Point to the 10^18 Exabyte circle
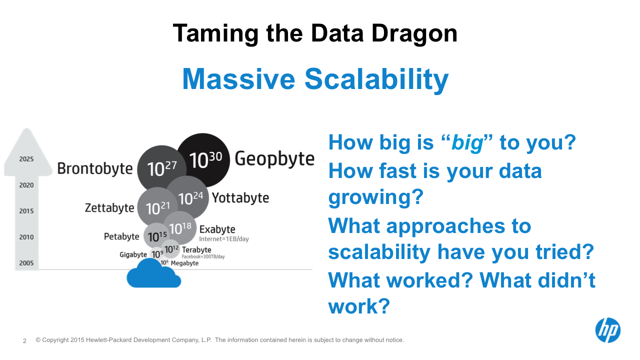pos(180,228)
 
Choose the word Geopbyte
pos(274,159)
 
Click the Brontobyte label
pos(95,168)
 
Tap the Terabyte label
pos(196,249)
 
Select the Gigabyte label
pos(133,254)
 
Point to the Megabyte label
pos(184,263)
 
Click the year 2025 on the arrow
pos(26,159)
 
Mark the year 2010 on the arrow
pos(26,237)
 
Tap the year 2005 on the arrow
pos(26,263)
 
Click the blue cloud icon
pos(153,275)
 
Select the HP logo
pos(607,330)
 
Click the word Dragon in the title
pos(414,33)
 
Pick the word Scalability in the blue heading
pos(376,79)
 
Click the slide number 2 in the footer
pos(24,340)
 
